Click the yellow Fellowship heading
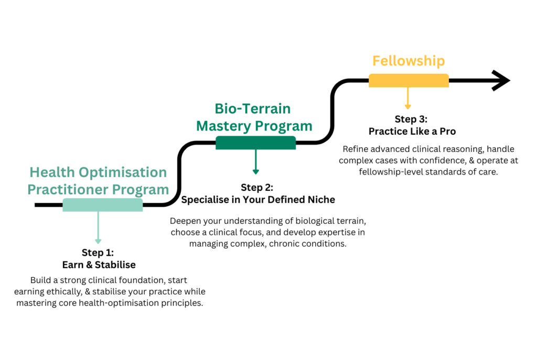(409, 61)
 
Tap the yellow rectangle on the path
(409, 80)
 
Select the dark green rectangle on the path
(255, 143)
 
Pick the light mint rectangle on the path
(102, 205)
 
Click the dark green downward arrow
(255, 162)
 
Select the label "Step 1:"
(98, 253)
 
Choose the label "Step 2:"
(257, 187)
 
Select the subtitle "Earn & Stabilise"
(99, 265)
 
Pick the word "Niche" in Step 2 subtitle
(320, 200)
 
